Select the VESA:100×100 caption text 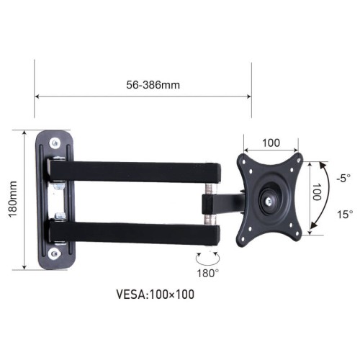coord(155,294)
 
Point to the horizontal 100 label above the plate coord(271,143)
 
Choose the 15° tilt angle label coord(345,214)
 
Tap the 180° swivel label coord(209,273)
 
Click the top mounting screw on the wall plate coord(56,143)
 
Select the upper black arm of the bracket coord(137,171)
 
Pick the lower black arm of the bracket coord(137,233)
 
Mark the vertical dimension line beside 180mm coord(25,200)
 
